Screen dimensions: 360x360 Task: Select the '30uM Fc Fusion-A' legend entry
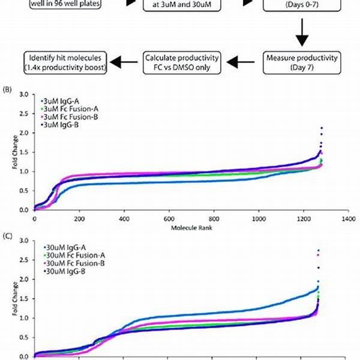pos(70,256)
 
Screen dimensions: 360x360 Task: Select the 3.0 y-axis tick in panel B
pos(24,95)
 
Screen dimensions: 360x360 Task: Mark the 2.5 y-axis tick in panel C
pos(24,260)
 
